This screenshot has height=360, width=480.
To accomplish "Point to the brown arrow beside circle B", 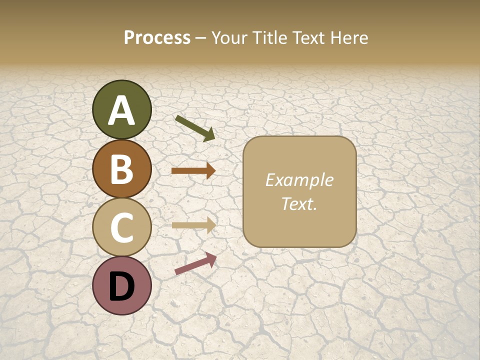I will [193, 171].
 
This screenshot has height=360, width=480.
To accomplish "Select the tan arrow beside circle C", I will [193, 225].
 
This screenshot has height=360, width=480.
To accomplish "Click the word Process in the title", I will [157, 38].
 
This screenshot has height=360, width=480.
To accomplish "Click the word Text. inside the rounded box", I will [299, 204].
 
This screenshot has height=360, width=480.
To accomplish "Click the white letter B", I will [121, 169].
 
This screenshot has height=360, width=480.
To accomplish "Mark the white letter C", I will [121, 228].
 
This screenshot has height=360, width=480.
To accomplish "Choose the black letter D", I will [121, 287].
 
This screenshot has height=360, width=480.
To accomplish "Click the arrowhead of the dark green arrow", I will [208, 134].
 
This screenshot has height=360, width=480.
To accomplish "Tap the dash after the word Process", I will [200, 38].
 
